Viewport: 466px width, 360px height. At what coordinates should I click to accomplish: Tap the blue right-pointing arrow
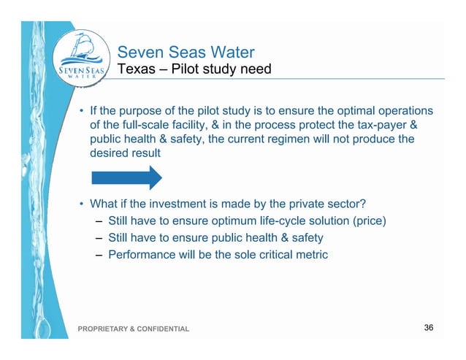point(126,177)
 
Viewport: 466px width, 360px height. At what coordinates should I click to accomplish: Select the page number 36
point(429,327)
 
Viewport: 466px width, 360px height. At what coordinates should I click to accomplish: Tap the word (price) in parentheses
point(367,221)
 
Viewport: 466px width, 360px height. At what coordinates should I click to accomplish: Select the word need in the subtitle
point(256,71)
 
